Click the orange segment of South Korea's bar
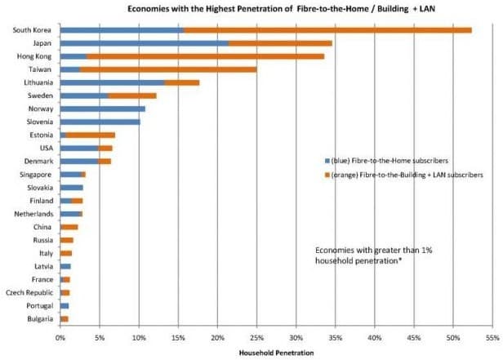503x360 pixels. coord(328,30)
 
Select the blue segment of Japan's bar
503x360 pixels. coord(145,43)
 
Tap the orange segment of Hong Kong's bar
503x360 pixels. coord(205,56)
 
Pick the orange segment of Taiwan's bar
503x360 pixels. coord(168,69)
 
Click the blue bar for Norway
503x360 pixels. coord(103,109)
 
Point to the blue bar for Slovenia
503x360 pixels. coord(100,122)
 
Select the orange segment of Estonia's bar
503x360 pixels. coord(91,136)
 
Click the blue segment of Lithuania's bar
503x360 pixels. coord(113,82)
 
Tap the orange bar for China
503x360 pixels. coord(69,227)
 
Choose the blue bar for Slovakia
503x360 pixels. coord(72,188)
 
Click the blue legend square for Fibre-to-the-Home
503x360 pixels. coord(327,161)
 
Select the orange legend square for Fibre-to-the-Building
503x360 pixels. coord(327,175)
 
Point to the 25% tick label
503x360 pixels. coord(256,338)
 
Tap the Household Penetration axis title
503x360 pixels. coord(277,353)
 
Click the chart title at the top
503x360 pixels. coord(282,9)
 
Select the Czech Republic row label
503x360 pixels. coord(29,293)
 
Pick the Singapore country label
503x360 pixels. coord(36,175)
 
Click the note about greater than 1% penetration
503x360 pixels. coord(374,256)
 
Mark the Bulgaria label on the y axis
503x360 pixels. coord(40,319)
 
